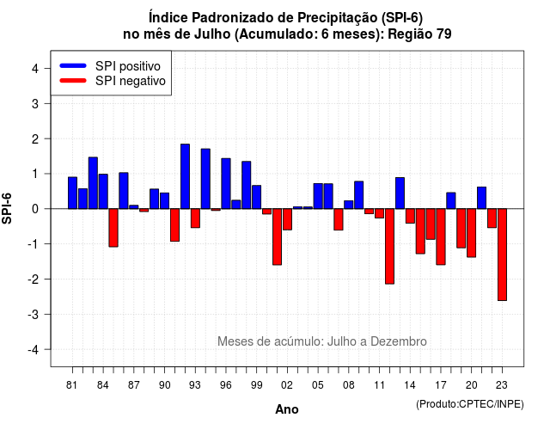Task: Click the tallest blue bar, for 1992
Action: [185, 176]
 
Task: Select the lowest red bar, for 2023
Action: [502, 255]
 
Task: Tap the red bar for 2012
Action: [389, 246]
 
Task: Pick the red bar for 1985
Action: [113, 227]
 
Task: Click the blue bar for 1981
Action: [72, 193]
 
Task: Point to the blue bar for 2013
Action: [400, 193]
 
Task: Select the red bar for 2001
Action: [277, 236]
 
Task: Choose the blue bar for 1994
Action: [205, 179]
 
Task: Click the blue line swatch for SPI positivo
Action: [73, 65]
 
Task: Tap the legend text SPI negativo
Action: [131, 81]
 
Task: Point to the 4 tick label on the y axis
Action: [35, 69]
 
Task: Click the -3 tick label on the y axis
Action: [34, 314]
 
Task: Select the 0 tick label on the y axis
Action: [35, 209]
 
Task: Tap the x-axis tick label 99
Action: [256, 385]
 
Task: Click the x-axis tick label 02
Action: [287, 385]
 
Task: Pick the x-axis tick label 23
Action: [502, 385]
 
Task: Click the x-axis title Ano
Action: [287, 409]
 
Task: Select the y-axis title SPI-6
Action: [7, 208]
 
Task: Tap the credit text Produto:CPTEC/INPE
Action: [470, 404]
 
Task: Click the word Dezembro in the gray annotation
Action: [399, 341]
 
